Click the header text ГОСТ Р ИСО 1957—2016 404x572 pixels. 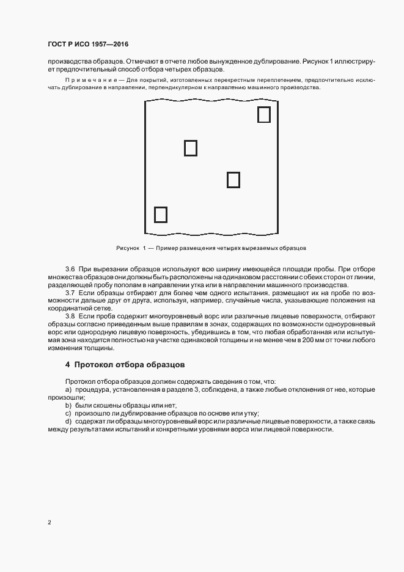coord(87,45)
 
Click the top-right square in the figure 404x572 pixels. coord(263,114)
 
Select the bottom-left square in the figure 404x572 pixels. coord(160,215)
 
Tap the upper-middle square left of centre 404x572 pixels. coord(191,148)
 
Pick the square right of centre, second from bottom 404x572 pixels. coord(233,180)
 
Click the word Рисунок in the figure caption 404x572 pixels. coord(128,248)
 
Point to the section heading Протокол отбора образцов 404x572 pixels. coord(125,365)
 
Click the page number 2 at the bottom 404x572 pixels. coord(49,522)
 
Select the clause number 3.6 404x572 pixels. coord(70,269)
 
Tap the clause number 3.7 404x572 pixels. coord(70,293)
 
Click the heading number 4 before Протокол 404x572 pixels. coord(67,365)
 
